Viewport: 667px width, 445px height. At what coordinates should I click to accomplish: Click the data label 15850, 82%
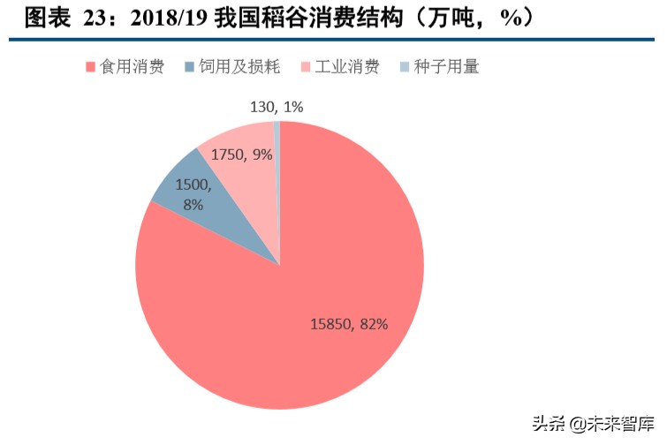tap(349, 323)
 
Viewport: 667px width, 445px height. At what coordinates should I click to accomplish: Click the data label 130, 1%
tap(277, 107)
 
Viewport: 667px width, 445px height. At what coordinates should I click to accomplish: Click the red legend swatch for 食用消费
tap(91, 67)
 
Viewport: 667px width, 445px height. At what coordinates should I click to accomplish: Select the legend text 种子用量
tap(446, 67)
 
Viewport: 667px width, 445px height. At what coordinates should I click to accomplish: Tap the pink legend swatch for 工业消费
tap(307, 67)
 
